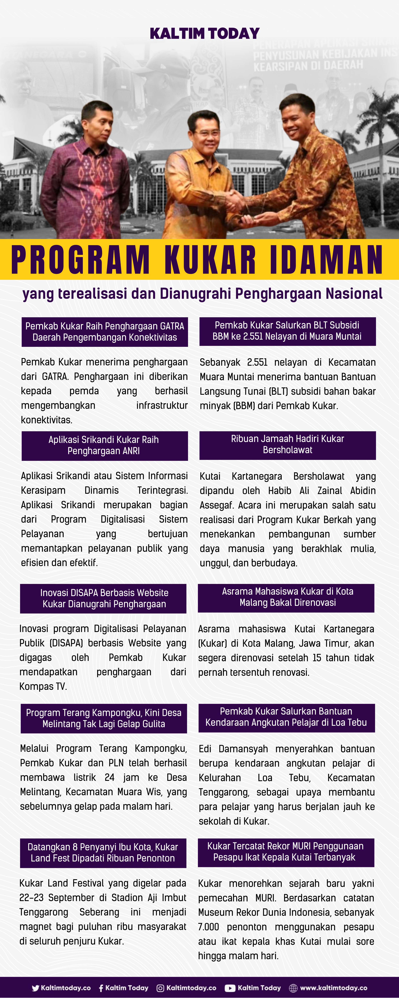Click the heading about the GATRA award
coord(105,332)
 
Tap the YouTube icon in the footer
coord(230,988)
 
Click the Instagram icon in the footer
coord(160,988)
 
